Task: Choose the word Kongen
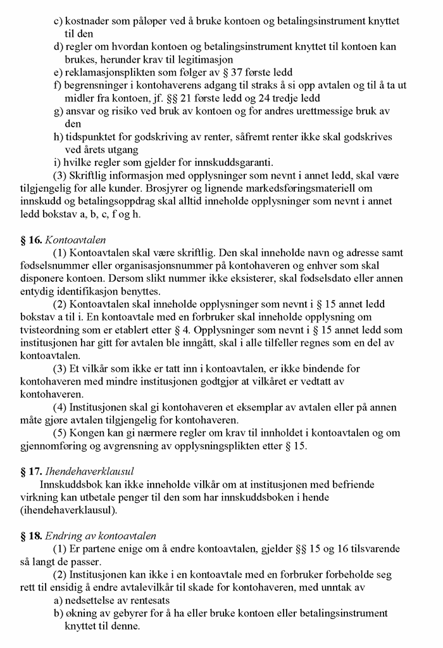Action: coord(82,433)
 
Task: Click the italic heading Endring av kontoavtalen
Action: coord(101,537)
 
